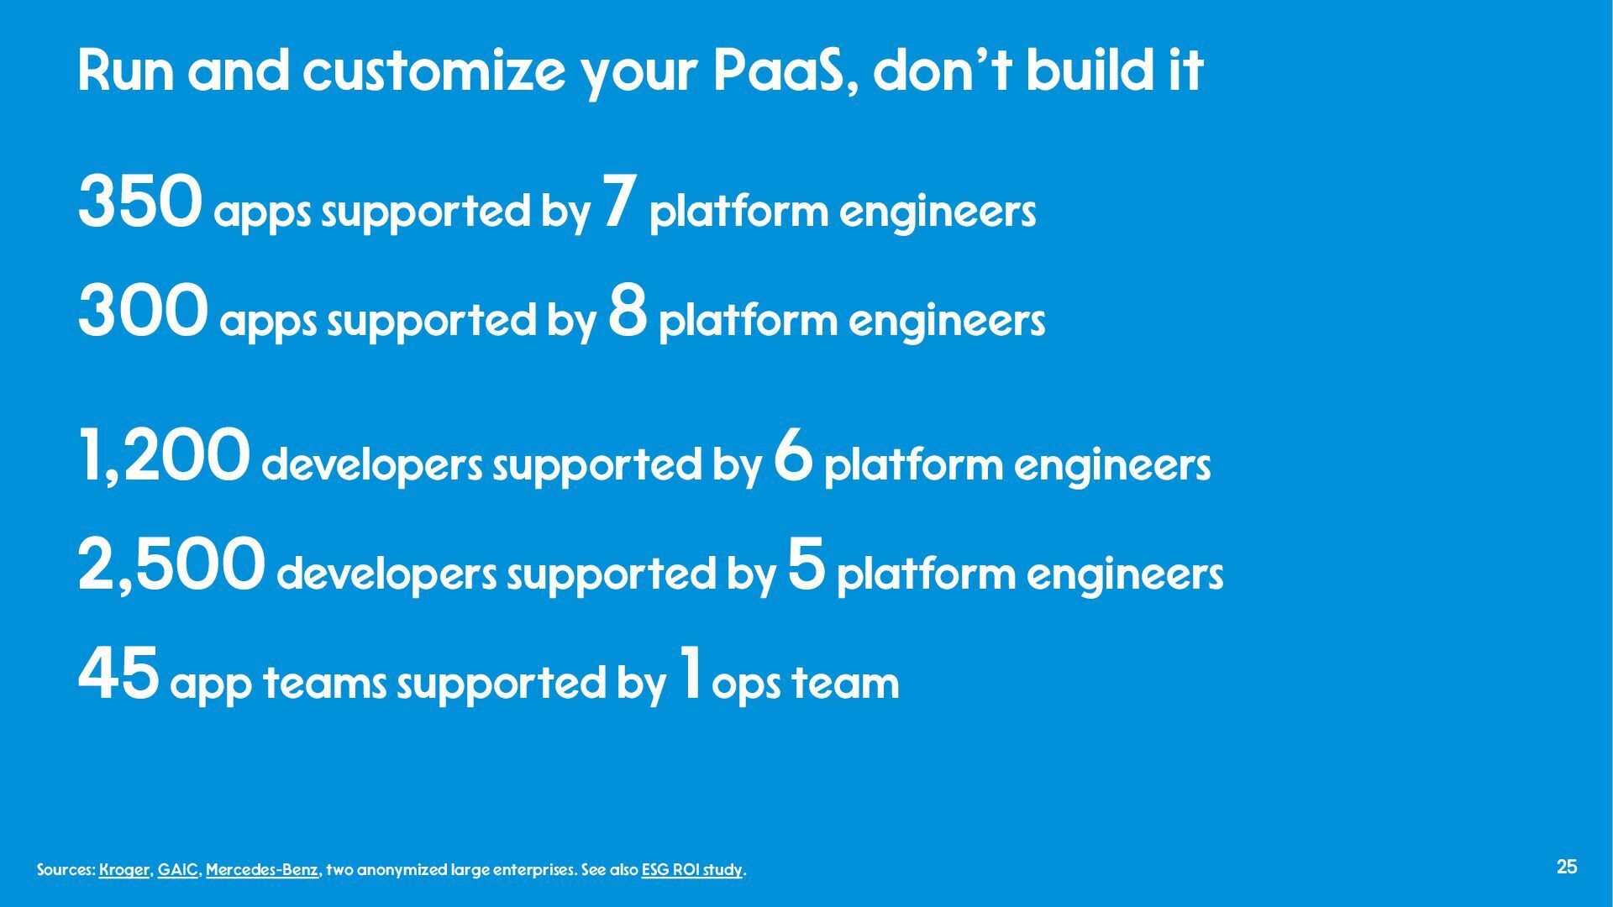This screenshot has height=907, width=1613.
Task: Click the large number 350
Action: point(140,202)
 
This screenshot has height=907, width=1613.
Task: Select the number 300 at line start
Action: point(143,312)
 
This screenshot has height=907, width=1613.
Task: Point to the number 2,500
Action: point(171,566)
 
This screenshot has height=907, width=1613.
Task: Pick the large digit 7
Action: point(621,202)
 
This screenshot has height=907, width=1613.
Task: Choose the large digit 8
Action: point(628,312)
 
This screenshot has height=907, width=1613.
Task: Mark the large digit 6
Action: point(794,455)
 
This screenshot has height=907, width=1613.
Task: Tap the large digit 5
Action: point(807,564)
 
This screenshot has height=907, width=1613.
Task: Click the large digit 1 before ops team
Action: point(691,672)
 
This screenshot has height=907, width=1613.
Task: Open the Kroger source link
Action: point(124,870)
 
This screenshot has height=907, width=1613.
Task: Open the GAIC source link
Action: point(178,870)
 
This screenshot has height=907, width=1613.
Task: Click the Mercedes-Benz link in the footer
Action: point(262,870)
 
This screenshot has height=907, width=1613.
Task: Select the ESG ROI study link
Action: point(692,870)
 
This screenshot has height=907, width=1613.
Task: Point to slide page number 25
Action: point(1567,868)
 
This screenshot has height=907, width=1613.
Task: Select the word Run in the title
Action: point(126,71)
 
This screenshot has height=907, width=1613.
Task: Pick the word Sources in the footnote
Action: point(66,870)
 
